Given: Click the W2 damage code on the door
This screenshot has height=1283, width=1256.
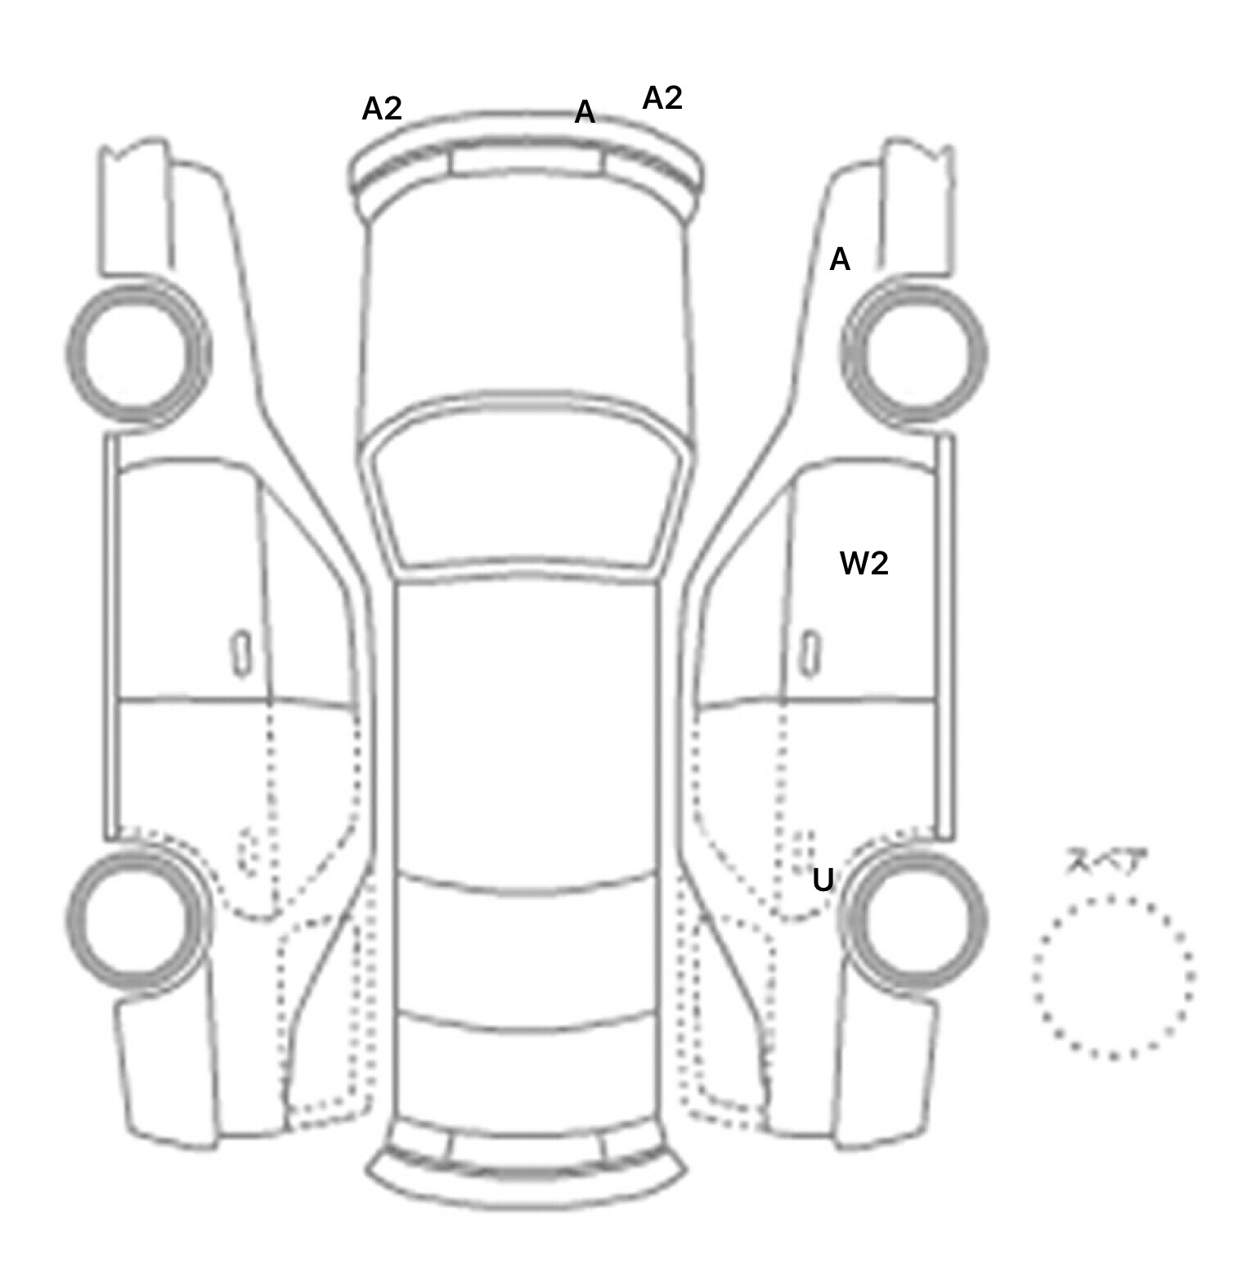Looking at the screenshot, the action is pyautogui.click(x=864, y=563).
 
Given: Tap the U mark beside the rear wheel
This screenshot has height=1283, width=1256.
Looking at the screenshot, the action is pyautogui.click(x=823, y=880).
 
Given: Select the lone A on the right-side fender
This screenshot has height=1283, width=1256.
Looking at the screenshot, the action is pyautogui.click(x=840, y=259).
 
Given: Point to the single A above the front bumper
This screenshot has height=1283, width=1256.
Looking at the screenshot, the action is pyautogui.click(x=585, y=112).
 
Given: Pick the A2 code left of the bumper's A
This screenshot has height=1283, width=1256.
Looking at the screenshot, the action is pyautogui.click(x=382, y=108).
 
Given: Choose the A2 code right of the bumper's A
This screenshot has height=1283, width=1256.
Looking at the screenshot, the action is pyautogui.click(x=662, y=98).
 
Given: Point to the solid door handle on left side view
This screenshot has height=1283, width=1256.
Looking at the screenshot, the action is pyautogui.click(x=241, y=653).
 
